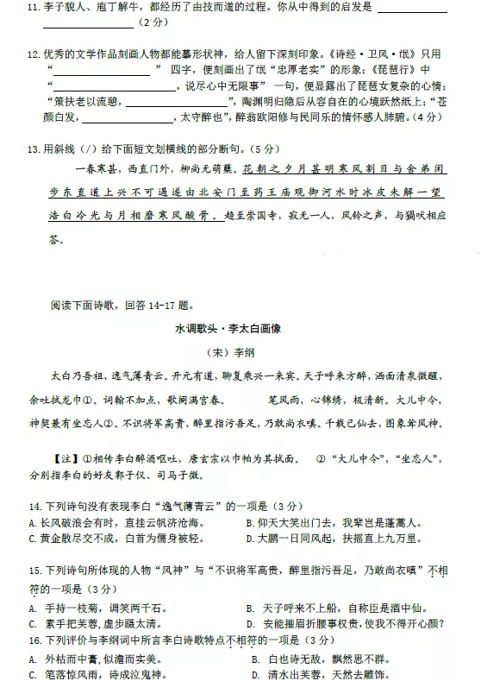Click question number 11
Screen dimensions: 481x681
click(x=34, y=8)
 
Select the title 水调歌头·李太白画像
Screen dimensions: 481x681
click(x=240, y=328)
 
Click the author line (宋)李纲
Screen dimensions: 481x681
click(x=240, y=352)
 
